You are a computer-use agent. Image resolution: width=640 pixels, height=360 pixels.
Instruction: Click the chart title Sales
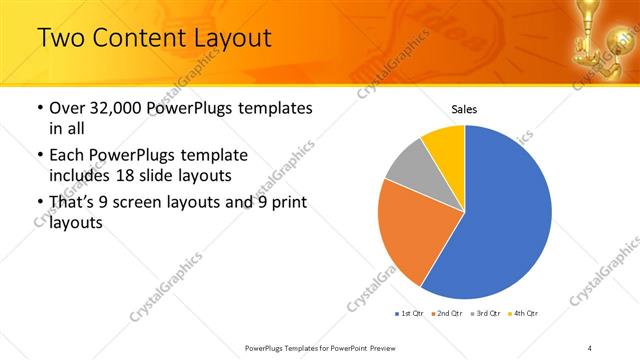464,109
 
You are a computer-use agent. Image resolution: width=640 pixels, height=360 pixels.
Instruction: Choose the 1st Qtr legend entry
409,313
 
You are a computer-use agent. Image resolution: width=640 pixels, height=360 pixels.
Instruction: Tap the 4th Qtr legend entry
523,313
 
